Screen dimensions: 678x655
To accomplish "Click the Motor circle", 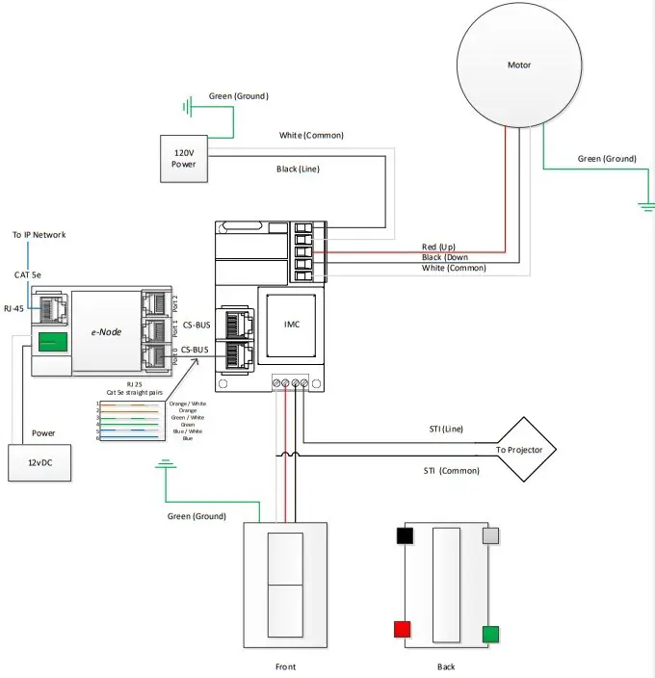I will [x=519, y=65].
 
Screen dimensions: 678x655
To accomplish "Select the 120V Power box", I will [x=183, y=158].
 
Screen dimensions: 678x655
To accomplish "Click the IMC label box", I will [x=292, y=325].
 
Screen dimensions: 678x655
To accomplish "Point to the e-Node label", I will [x=105, y=331].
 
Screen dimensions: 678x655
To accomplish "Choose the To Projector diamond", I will [x=519, y=450].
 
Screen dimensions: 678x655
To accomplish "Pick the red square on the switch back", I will [x=402, y=630].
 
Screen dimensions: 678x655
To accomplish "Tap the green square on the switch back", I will [x=490, y=634].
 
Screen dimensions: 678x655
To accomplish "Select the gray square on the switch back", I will [x=490, y=535].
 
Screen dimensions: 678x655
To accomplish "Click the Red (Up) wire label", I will [x=442, y=247].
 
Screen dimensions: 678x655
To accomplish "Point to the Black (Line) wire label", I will [x=298, y=169].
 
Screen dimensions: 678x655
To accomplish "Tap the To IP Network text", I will [x=39, y=235].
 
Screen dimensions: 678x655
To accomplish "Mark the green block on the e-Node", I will [x=52, y=342].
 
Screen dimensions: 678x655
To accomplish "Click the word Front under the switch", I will [x=285, y=666].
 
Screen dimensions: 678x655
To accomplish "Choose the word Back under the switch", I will [x=445, y=666].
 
